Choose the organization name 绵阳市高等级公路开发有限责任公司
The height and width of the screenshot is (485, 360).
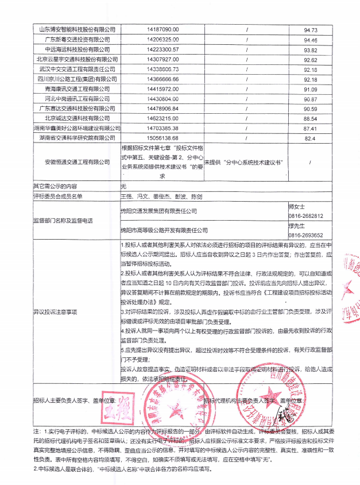point(164,230)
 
